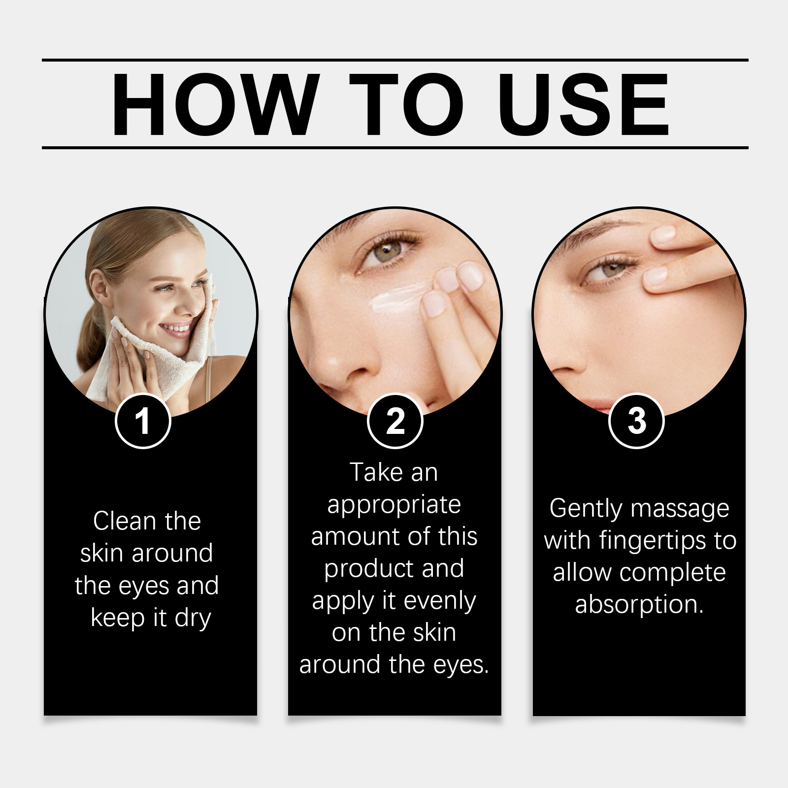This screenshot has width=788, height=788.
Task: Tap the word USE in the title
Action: point(584,104)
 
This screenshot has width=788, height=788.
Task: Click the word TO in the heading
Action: point(406,104)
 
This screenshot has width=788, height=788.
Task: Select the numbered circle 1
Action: point(143,421)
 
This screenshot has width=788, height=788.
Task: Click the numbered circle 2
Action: point(395,421)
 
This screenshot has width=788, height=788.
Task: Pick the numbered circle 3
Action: point(636,421)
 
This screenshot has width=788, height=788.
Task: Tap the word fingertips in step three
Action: point(654,541)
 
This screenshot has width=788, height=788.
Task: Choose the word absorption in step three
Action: point(638,605)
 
